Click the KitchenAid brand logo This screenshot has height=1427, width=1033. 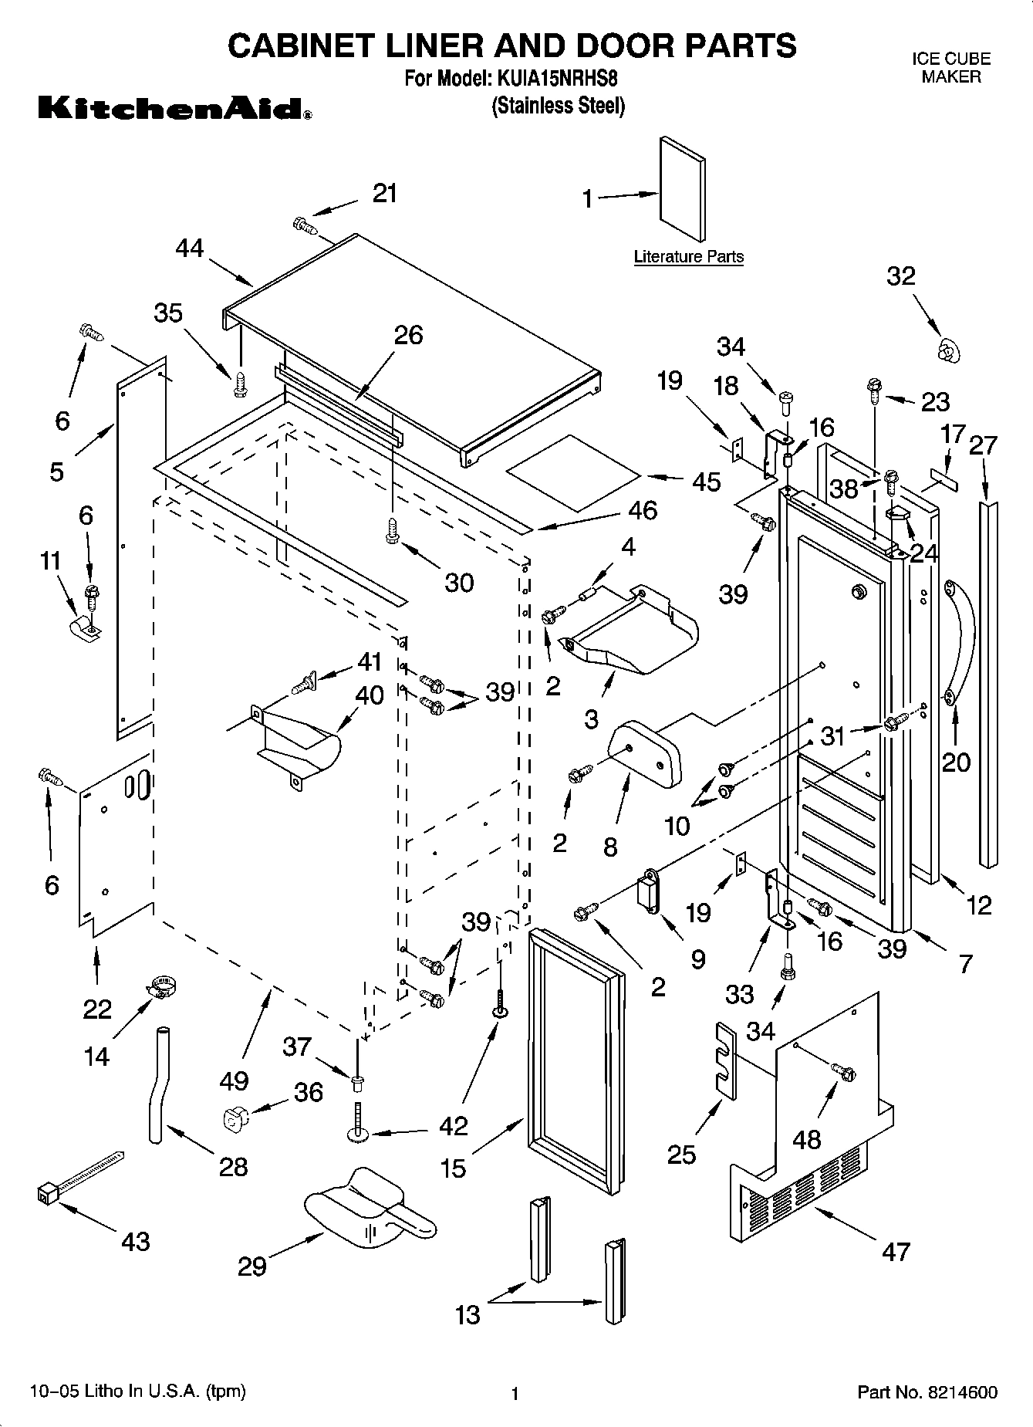pos(175,109)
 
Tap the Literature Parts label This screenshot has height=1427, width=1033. pos(688,257)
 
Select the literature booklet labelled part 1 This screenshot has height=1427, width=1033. pos(682,189)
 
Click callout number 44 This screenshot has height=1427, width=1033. pos(189,249)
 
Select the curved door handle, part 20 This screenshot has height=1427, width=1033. pos(960,639)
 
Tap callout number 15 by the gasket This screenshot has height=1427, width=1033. pos(453,1168)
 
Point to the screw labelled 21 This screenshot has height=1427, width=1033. pos(306,226)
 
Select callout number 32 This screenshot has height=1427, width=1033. pos(900,276)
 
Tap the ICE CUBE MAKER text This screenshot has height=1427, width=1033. pos(950,68)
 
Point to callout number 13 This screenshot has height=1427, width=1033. pos(468,1314)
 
